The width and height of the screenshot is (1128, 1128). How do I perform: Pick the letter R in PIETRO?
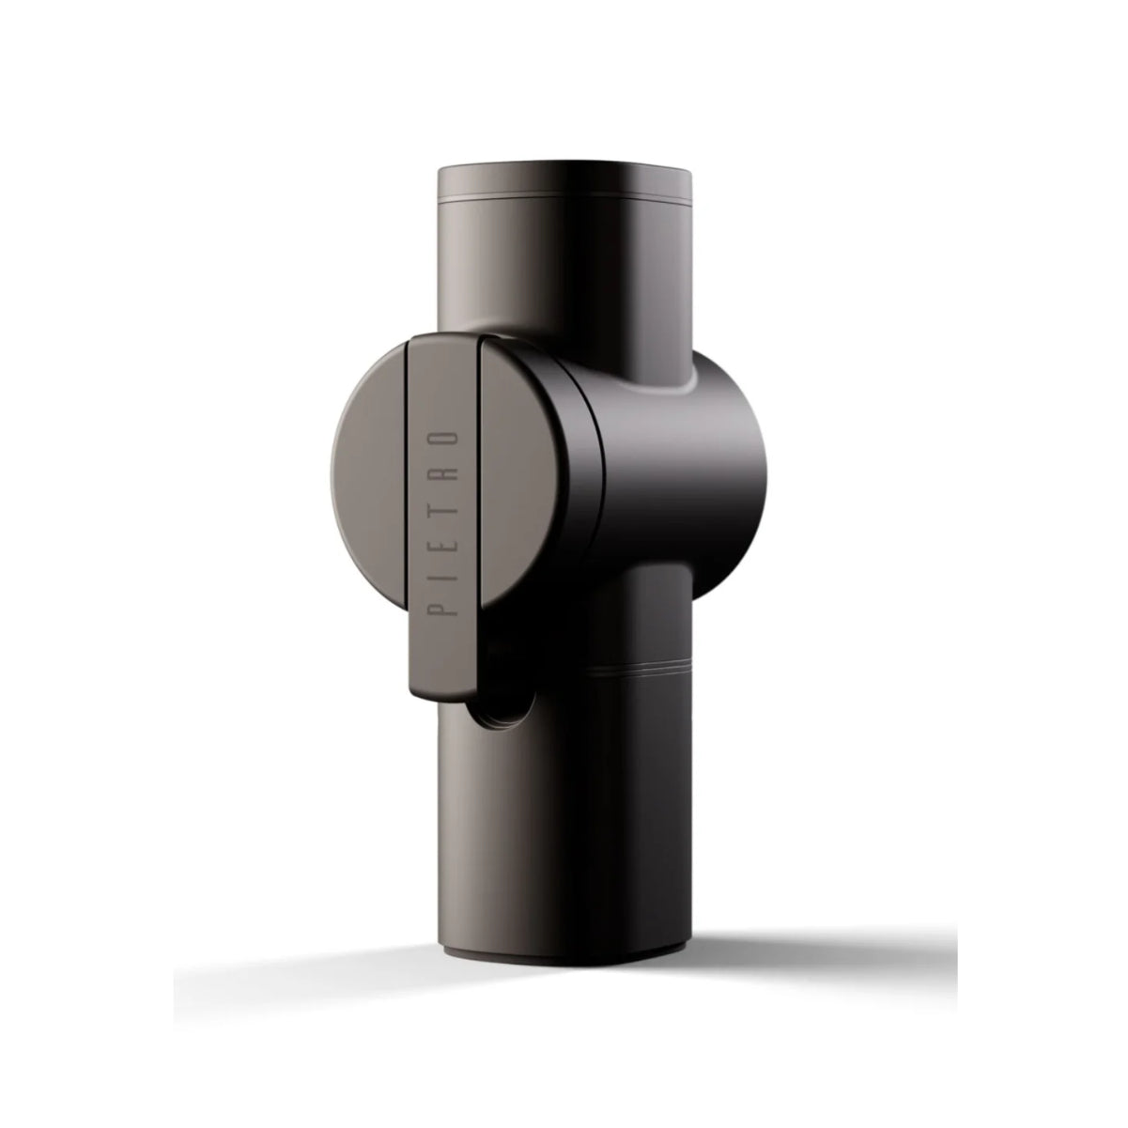[x=443, y=476]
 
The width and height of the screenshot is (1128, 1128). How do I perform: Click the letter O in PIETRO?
[x=443, y=443]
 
